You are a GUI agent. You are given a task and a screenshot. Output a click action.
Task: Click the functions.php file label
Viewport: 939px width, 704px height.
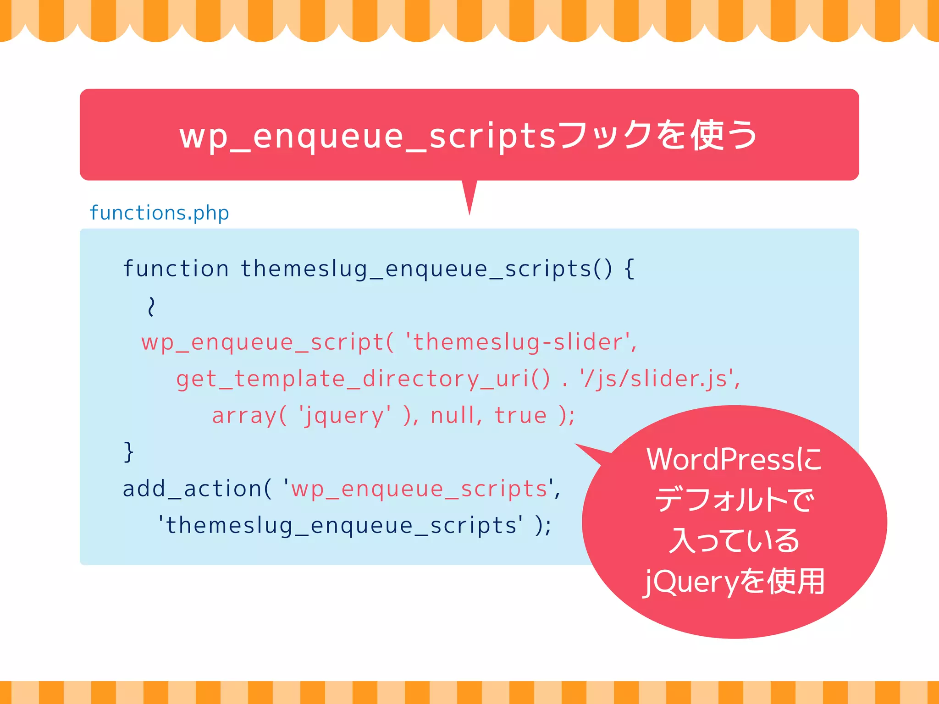point(159,213)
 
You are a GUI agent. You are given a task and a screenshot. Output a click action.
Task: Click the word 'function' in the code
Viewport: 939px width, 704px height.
point(176,269)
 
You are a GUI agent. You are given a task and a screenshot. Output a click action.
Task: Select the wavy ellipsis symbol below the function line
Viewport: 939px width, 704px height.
point(151,306)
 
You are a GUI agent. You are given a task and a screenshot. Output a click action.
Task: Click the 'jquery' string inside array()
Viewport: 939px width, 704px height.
point(345,416)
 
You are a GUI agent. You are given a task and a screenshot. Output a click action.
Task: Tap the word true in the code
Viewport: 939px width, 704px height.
point(520,415)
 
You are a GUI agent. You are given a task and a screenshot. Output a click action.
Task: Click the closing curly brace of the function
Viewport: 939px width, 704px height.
point(128,452)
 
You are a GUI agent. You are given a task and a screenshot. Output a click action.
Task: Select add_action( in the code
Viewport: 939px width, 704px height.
point(197,489)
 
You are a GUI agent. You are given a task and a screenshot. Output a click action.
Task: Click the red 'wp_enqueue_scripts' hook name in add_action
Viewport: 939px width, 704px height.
point(420,489)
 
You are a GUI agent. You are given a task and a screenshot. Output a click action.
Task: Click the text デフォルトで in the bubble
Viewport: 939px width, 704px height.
point(735,500)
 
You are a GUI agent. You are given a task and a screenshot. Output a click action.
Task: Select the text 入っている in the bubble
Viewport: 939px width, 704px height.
point(735,540)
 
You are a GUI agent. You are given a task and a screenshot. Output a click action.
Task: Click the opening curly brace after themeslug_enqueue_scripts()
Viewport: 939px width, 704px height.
point(630,269)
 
